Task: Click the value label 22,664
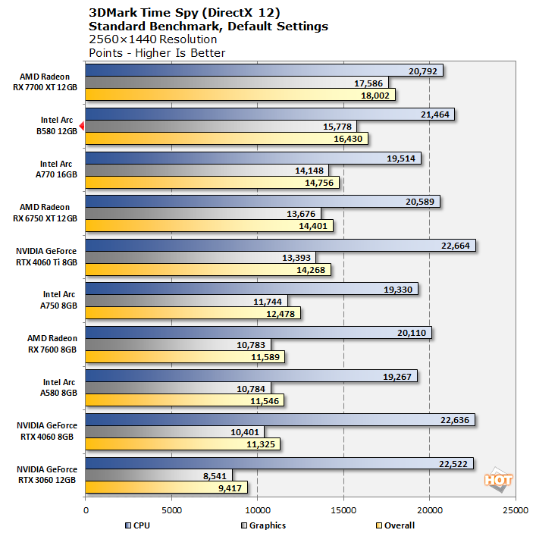454,246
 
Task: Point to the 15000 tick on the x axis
344,510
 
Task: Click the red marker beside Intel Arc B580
81,125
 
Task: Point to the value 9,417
227,488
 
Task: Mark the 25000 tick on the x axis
516,510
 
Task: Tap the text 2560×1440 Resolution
152,39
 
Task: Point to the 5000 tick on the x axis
172,510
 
